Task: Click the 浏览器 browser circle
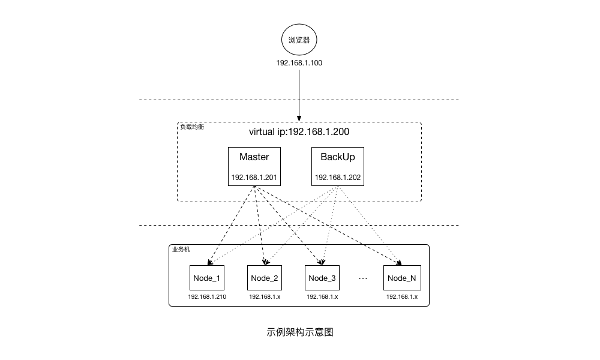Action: coord(299,41)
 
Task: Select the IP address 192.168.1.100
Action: coord(299,63)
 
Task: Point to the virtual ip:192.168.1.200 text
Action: coord(299,132)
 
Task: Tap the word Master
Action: coord(254,157)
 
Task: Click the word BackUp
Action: coord(337,157)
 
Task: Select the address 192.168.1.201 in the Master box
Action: coord(254,178)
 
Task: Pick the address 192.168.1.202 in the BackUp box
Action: coord(337,178)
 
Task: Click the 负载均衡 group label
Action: coord(191,127)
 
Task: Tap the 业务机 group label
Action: coord(181,250)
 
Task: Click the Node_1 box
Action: coord(206,278)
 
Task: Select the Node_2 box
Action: coord(265,278)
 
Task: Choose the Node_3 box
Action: coord(322,278)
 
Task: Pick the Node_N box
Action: coord(401,278)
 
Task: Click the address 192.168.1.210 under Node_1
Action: coord(207,297)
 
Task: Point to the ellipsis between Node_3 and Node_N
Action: coord(363,278)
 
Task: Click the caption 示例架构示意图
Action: coord(299,332)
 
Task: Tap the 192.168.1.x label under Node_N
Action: coord(401,297)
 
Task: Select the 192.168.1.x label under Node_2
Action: coord(265,297)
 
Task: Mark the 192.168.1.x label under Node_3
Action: coord(322,297)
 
